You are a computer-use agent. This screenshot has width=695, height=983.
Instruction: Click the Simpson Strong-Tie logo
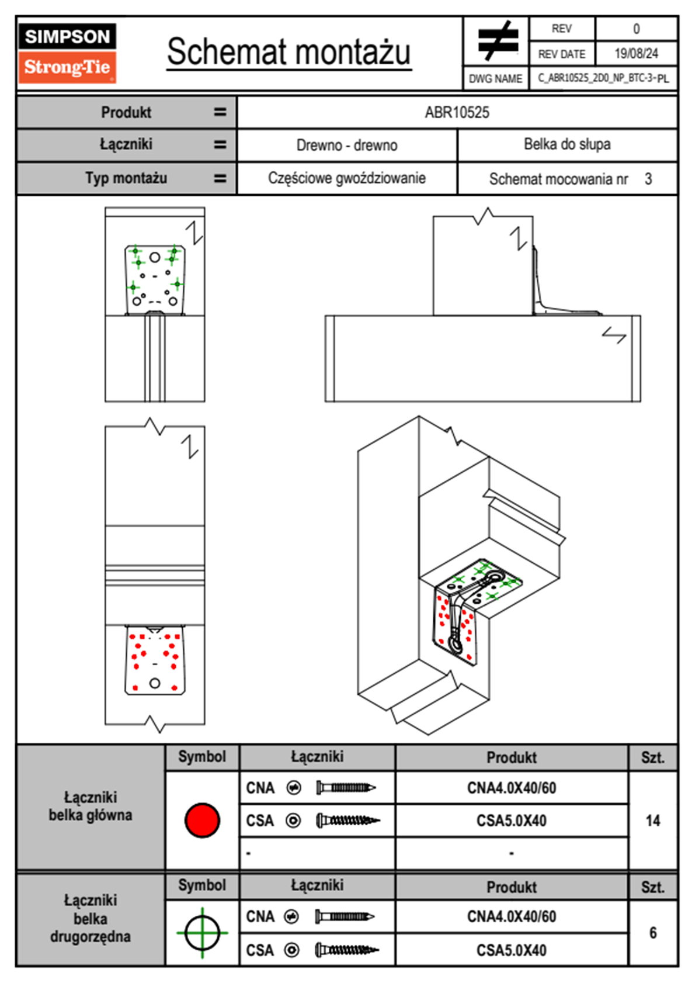67,53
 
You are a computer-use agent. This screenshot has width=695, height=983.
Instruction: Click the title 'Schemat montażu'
289,52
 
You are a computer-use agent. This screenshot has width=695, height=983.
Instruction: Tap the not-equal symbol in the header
497,41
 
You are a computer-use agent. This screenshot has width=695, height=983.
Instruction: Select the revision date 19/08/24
636,54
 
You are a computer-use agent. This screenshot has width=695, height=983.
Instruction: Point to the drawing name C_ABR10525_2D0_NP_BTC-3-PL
603,78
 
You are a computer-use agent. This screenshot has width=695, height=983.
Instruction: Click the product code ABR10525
457,113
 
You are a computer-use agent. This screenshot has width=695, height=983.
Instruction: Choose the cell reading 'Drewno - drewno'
347,146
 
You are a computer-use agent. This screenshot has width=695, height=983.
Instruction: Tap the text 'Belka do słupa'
567,144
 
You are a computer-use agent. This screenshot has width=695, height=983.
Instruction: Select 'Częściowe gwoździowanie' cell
347,178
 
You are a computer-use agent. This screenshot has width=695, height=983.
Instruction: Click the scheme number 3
648,179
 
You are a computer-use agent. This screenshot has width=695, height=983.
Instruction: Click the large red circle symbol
202,820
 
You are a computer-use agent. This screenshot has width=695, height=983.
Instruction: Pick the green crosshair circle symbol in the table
202,933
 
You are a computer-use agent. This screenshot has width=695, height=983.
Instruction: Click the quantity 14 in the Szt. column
653,821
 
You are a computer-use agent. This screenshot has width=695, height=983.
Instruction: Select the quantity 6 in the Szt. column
653,933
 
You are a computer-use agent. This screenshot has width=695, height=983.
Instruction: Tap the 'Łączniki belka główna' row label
91,807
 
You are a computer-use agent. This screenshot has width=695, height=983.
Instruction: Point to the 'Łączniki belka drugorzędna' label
91,919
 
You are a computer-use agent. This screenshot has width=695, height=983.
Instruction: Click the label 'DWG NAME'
496,79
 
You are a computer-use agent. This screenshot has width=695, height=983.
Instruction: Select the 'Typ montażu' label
126,178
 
